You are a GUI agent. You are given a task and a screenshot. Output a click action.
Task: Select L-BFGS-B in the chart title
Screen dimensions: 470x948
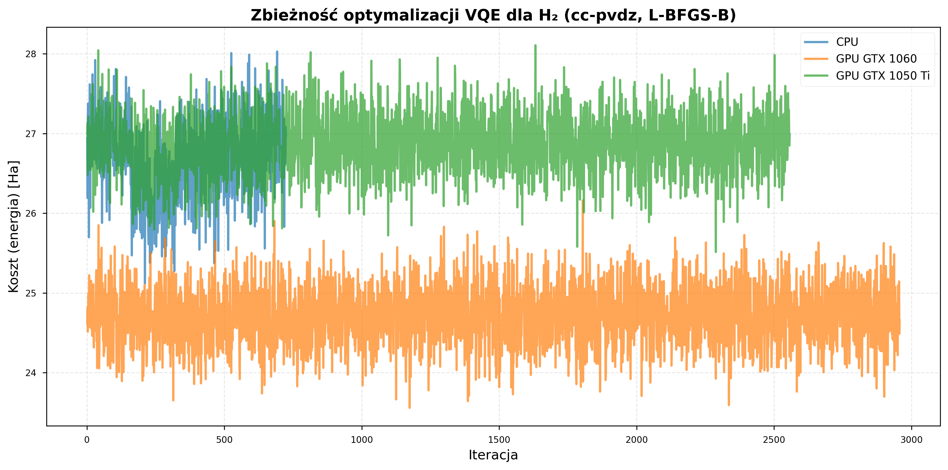click(692, 15)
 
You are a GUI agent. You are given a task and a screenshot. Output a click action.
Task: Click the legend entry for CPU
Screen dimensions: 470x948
click(847, 42)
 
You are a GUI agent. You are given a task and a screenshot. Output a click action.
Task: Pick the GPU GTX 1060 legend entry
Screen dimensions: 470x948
click(876, 59)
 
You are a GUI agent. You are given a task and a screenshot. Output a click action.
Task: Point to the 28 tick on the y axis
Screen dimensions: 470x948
click(31, 54)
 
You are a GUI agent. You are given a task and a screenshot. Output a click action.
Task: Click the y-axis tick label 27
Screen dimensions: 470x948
click(31, 134)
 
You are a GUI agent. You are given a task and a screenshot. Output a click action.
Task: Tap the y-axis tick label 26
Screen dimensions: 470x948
click(31, 213)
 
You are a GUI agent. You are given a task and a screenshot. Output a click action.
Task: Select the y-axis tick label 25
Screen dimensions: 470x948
click(31, 293)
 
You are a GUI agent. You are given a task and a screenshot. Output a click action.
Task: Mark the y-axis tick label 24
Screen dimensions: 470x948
click(31, 373)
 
